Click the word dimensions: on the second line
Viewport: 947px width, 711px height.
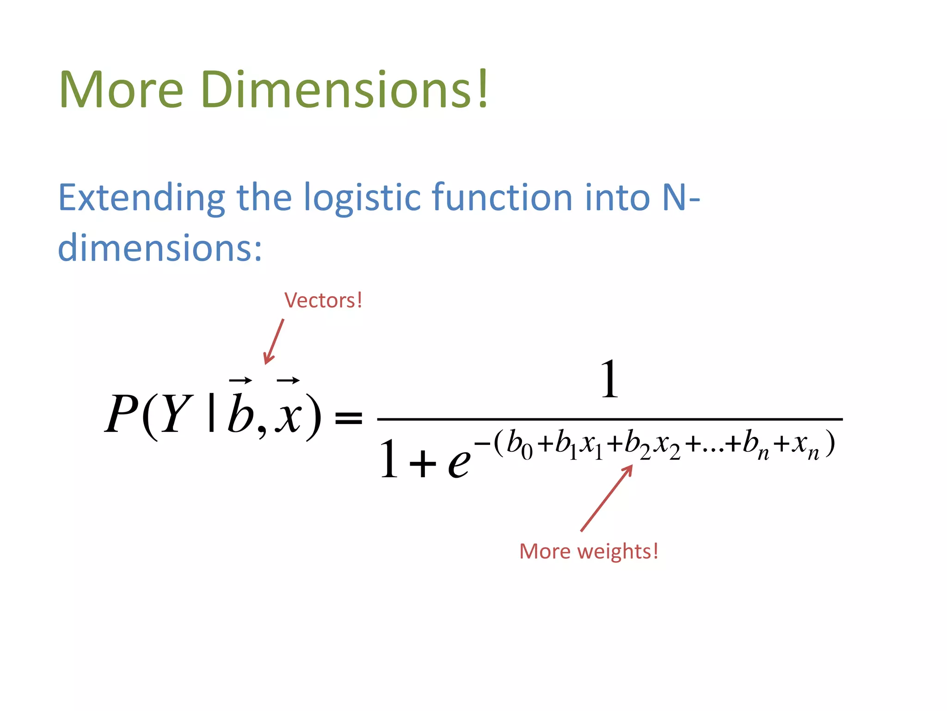point(160,248)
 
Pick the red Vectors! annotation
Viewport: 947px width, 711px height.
point(323,300)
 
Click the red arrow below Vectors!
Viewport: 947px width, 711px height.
point(273,342)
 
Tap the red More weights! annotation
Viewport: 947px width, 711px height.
point(588,551)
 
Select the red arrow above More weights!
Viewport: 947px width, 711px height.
point(606,498)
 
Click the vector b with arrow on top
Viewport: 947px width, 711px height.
point(240,410)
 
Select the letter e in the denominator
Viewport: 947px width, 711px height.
point(459,463)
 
